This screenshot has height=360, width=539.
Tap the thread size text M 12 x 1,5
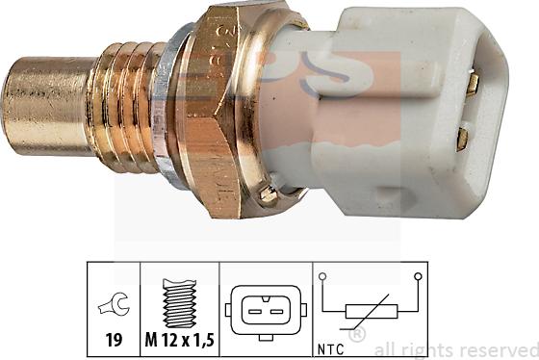pyautogui.click(x=182, y=339)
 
